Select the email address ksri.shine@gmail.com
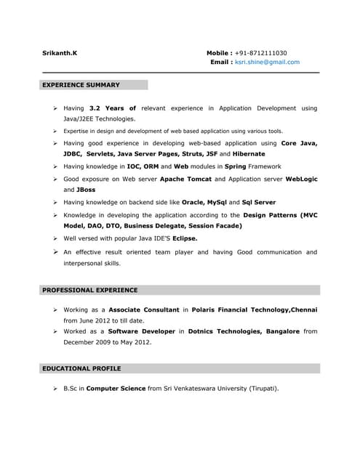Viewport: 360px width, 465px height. [266, 62]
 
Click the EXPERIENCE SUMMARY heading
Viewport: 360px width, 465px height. [81, 85]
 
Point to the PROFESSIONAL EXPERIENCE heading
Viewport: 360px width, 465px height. [89, 290]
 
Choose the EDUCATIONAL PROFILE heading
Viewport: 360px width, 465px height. [81, 368]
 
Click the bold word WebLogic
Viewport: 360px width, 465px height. [301, 178]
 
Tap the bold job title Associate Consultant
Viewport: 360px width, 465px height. [143, 310]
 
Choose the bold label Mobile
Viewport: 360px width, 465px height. [220, 53]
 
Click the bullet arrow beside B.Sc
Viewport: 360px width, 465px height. [55, 389]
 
